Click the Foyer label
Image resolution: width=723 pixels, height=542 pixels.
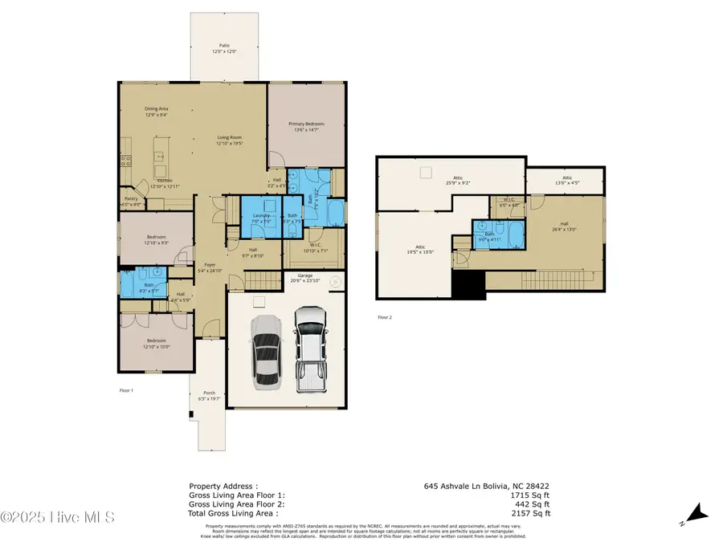coord(210,267)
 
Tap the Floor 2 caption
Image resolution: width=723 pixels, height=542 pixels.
coord(385,318)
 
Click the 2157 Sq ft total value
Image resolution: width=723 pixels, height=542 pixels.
coord(534,513)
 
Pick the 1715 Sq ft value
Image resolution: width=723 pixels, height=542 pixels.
coord(534,495)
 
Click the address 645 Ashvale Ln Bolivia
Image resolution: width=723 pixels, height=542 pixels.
coord(487,487)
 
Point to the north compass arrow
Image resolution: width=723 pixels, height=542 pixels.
coord(697,511)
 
